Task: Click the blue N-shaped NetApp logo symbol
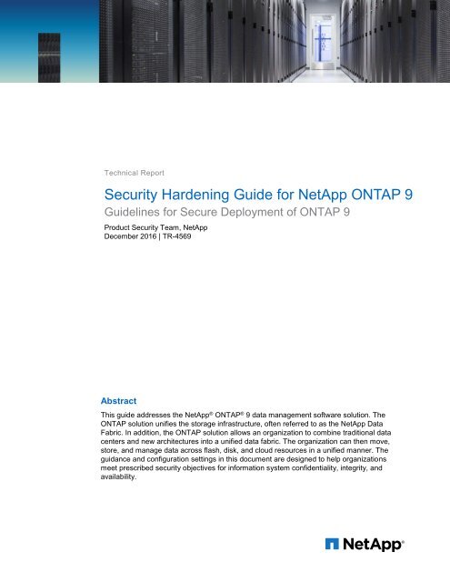[334, 545]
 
